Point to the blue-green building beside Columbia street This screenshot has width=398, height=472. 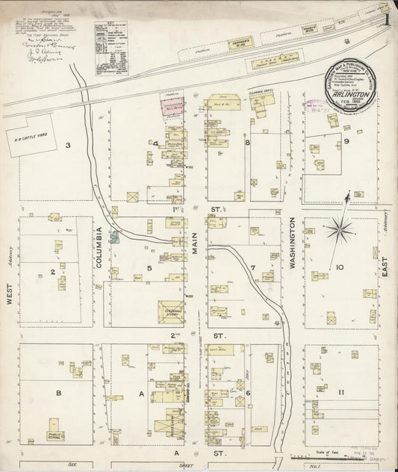tap(116, 237)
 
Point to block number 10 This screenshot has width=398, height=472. tap(338, 267)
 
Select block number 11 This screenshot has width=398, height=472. tap(340, 392)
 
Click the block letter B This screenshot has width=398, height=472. tap(57, 391)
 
